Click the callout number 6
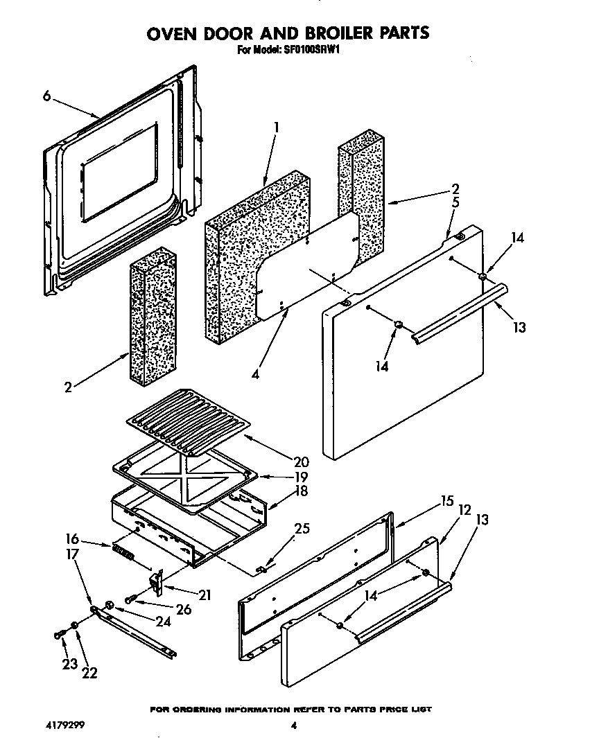click(46, 97)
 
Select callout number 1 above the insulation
click(276, 128)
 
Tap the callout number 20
click(281, 461)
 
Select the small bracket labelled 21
click(157, 581)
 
